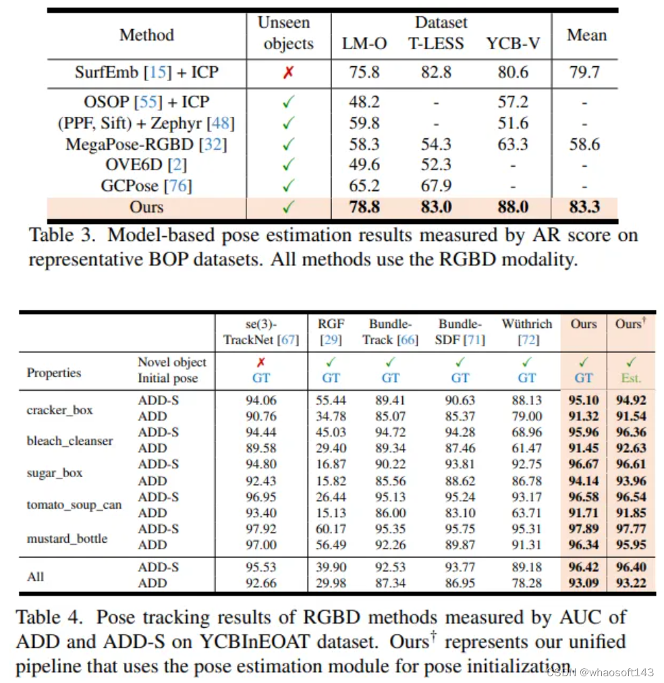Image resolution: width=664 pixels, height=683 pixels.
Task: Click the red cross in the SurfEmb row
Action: [x=288, y=72]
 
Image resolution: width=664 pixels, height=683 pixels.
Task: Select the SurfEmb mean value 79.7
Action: [x=584, y=72]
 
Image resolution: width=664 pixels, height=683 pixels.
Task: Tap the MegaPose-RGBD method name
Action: [x=146, y=144]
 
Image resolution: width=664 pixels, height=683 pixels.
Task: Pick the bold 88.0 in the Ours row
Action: [x=512, y=207]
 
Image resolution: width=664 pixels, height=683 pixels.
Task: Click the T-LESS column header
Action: [x=436, y=44]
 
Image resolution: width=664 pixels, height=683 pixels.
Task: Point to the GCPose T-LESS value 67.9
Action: [x=436, y=186]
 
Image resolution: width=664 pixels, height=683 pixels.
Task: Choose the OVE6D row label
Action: [x=146, y=165]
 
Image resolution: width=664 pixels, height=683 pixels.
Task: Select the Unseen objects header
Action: [x=288, y=33]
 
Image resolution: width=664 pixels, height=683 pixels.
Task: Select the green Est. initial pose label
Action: [x=631, y=378]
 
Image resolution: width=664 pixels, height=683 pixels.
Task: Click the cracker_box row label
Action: [x=59, y=409]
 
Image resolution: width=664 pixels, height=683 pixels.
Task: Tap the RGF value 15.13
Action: [x=331, y=513]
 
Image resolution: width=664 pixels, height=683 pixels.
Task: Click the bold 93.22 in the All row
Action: [x=631, y=583]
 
